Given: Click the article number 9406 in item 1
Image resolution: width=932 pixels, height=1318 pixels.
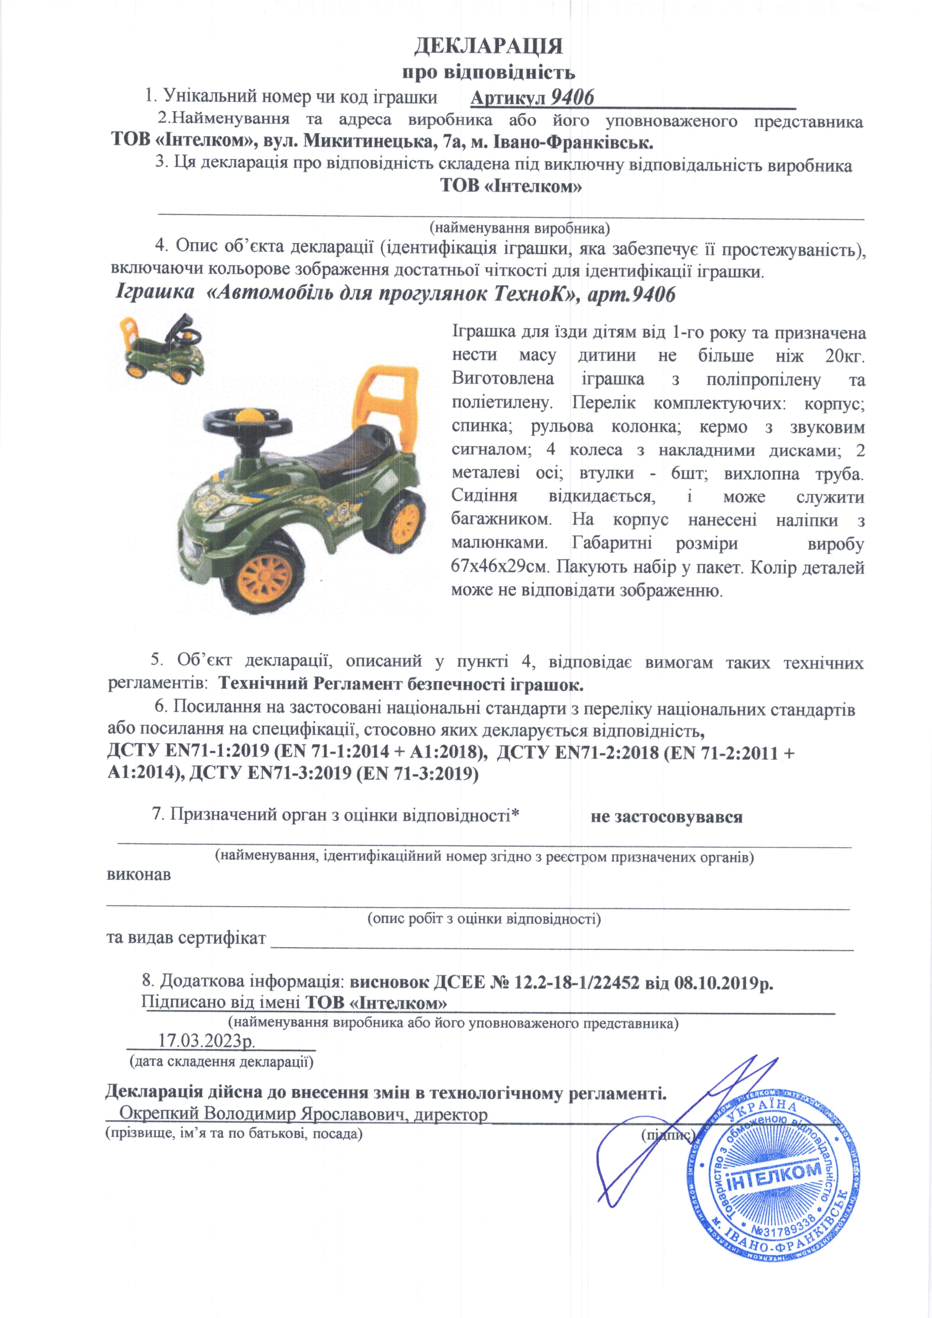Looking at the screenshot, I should pos(572,98).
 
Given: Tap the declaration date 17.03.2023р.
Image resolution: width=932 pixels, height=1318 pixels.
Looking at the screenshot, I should pos(207,1041).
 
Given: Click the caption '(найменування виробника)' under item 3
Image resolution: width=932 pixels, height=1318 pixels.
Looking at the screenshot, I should pos(520,228).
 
